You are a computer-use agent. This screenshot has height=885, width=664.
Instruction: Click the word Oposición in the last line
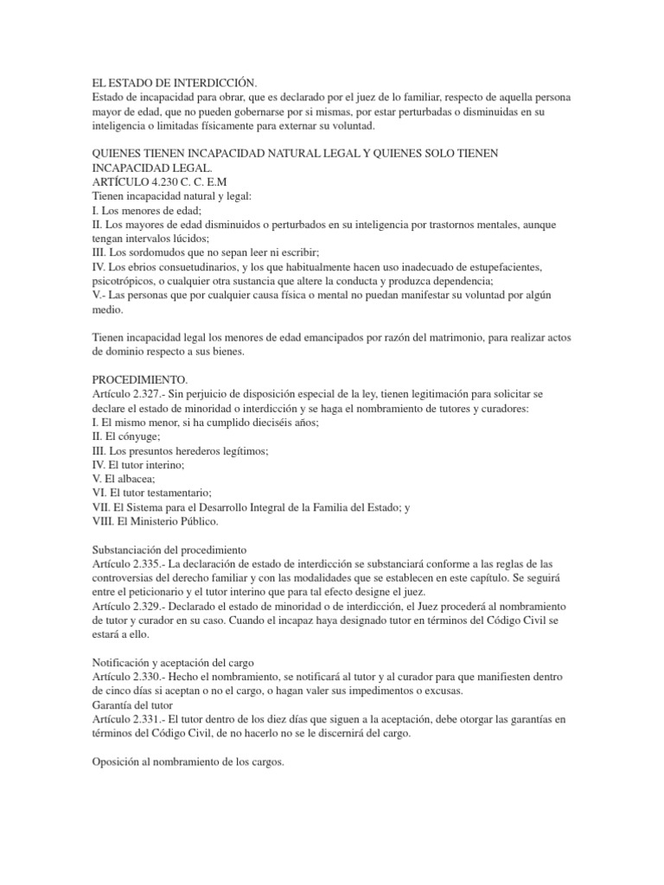click(x=119, y=761)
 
